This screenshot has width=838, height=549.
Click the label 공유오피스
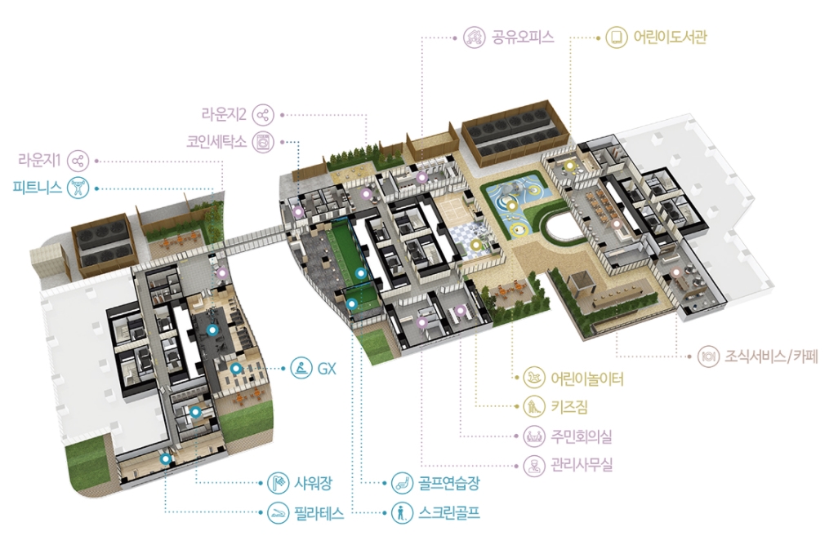coord(524,37)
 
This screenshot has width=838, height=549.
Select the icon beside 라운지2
coord(263,114)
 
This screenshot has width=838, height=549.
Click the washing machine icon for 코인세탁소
coord(263,140)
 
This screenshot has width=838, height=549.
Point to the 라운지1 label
coord(40,159)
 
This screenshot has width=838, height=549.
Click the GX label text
coord(327,368)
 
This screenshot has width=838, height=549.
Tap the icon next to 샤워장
coord(278,482)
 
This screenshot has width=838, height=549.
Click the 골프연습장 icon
coord(401,482)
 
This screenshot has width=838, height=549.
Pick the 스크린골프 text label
coord(448,513)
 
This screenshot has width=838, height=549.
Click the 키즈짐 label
coord(569,406)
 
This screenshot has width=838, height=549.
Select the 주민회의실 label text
coord(581,436)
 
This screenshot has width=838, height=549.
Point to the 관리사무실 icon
coord(533,466)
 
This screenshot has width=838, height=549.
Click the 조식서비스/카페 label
coord(771,356)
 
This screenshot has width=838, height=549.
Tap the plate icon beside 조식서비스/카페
coord(707,356)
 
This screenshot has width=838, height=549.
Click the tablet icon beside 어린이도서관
coord(615,37)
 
